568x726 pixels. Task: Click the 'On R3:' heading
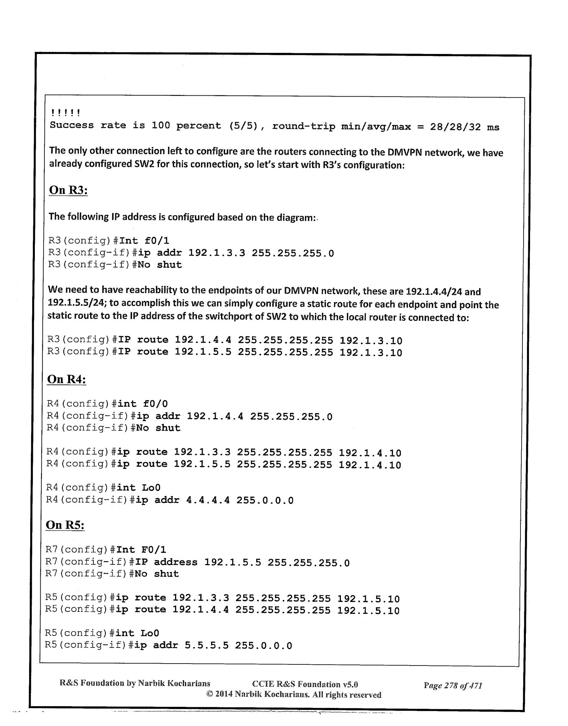[x=69, y=190]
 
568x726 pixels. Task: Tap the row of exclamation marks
[x=65, y=113]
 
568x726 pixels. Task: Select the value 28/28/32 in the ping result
[x=455, y=127]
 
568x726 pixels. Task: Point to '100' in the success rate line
[x=160, y=126]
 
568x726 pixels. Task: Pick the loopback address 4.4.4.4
[x=208, y=500]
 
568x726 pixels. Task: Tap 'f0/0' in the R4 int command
[x=155, y=404]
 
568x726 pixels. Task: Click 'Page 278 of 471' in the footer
[x=452, y=685]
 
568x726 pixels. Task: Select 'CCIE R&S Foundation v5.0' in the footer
[x=305, y=684]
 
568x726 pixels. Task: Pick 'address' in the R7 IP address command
[x=175, y=562]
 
